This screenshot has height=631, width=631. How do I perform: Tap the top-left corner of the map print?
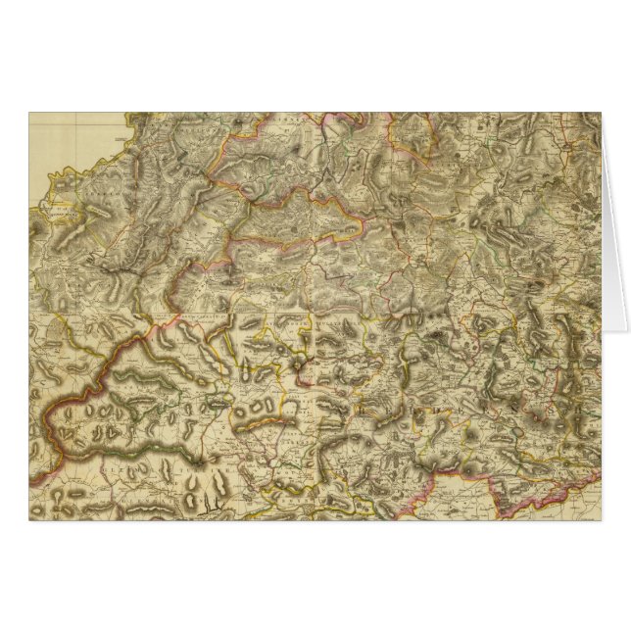(29, 114)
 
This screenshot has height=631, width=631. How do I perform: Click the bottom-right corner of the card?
(601, 518)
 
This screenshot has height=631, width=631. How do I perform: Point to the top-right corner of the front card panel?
(601, 114)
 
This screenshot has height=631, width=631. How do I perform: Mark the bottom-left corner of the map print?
(29, 518)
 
